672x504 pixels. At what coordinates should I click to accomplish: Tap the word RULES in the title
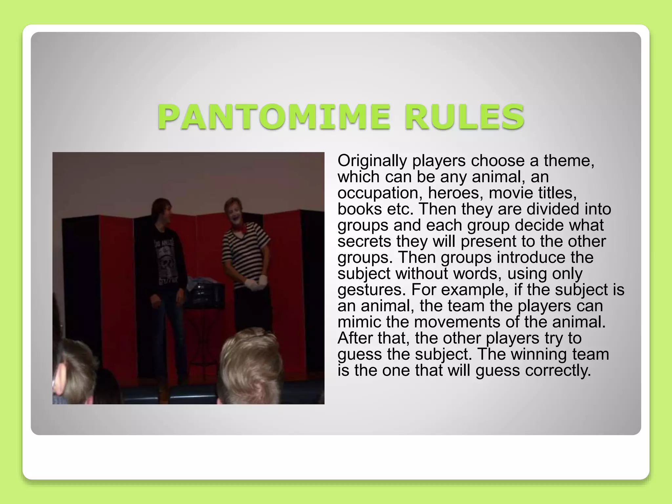[x=464, y=117]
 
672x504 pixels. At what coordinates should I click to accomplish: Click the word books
[x=360, y=209]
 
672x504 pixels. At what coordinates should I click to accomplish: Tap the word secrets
[x=364, y=241]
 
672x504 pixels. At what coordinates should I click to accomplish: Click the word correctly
[x=558, y=370]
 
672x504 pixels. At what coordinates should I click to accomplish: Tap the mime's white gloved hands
[x=256, y=283]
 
